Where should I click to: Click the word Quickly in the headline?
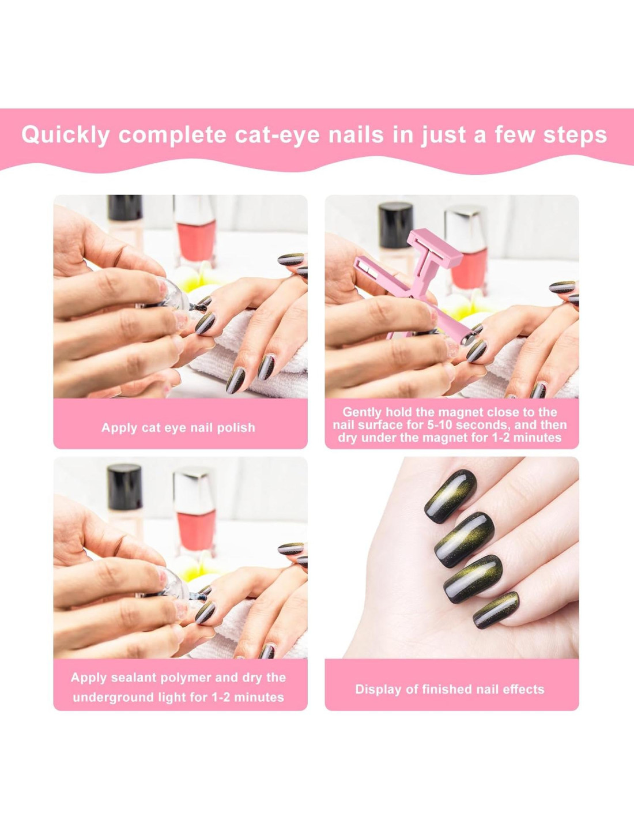coord(65,136)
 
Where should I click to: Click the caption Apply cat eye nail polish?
coord(179,427)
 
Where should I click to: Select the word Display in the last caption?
coord(378,690)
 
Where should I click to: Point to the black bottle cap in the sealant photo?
coord(124,487)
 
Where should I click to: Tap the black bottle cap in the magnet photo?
coord(396,225)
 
